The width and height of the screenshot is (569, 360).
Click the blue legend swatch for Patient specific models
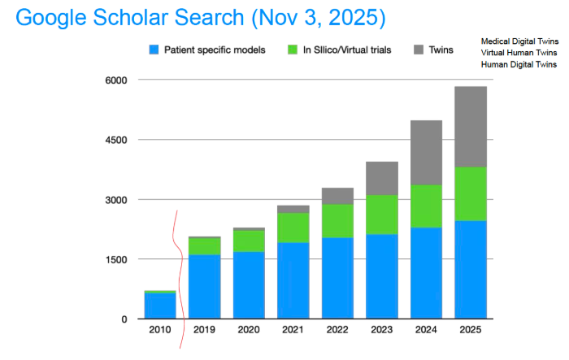coord(154,50)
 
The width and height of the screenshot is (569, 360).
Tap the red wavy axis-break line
coord(176,268)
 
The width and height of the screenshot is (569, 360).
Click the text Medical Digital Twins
coord(519,41)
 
